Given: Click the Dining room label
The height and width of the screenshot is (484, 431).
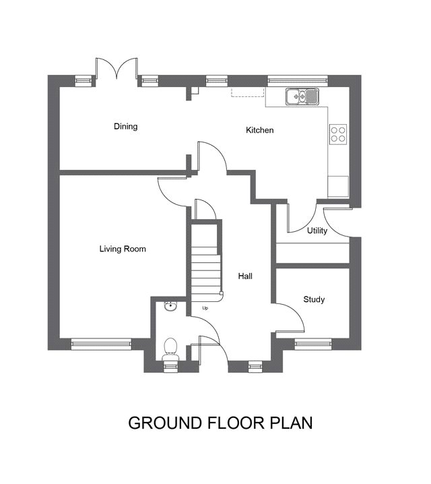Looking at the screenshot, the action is [x=126, y=126].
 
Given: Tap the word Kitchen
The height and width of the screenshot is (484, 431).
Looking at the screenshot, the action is [x=259, y=130].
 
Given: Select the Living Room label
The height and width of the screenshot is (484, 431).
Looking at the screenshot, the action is [x=123, y=249].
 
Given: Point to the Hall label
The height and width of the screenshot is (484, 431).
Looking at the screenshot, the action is [x=245, y=276].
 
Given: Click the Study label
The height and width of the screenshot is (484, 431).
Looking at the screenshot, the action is [x=314, y=299].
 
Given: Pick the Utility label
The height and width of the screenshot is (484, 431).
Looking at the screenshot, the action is [x=317, y=231].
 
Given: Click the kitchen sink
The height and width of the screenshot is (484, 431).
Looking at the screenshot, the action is [x=302, y=96].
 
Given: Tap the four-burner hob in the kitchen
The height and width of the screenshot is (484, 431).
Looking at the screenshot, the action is [x=338, y=134].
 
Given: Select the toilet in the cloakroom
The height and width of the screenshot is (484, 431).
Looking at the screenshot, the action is [x=170, y=349].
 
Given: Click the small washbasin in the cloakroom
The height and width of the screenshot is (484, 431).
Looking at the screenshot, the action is [x=170, y=306].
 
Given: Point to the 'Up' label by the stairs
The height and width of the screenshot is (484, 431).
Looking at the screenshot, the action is [x=205, y=308].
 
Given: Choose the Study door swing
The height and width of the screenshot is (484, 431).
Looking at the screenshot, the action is [x=296, y=311].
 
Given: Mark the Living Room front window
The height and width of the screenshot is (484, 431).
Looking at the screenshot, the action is [x=102, y=344].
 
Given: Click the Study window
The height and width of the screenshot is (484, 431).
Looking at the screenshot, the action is [x=313, y=344].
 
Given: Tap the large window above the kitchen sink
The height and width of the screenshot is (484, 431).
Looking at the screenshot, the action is [x=298, y=81].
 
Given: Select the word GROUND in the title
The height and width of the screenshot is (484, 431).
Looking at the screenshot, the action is [x=165, y=423].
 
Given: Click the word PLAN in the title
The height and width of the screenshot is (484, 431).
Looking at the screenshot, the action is [x=292, y=423].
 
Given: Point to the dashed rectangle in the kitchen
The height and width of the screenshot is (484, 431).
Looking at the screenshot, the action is [x=248, y=92].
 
